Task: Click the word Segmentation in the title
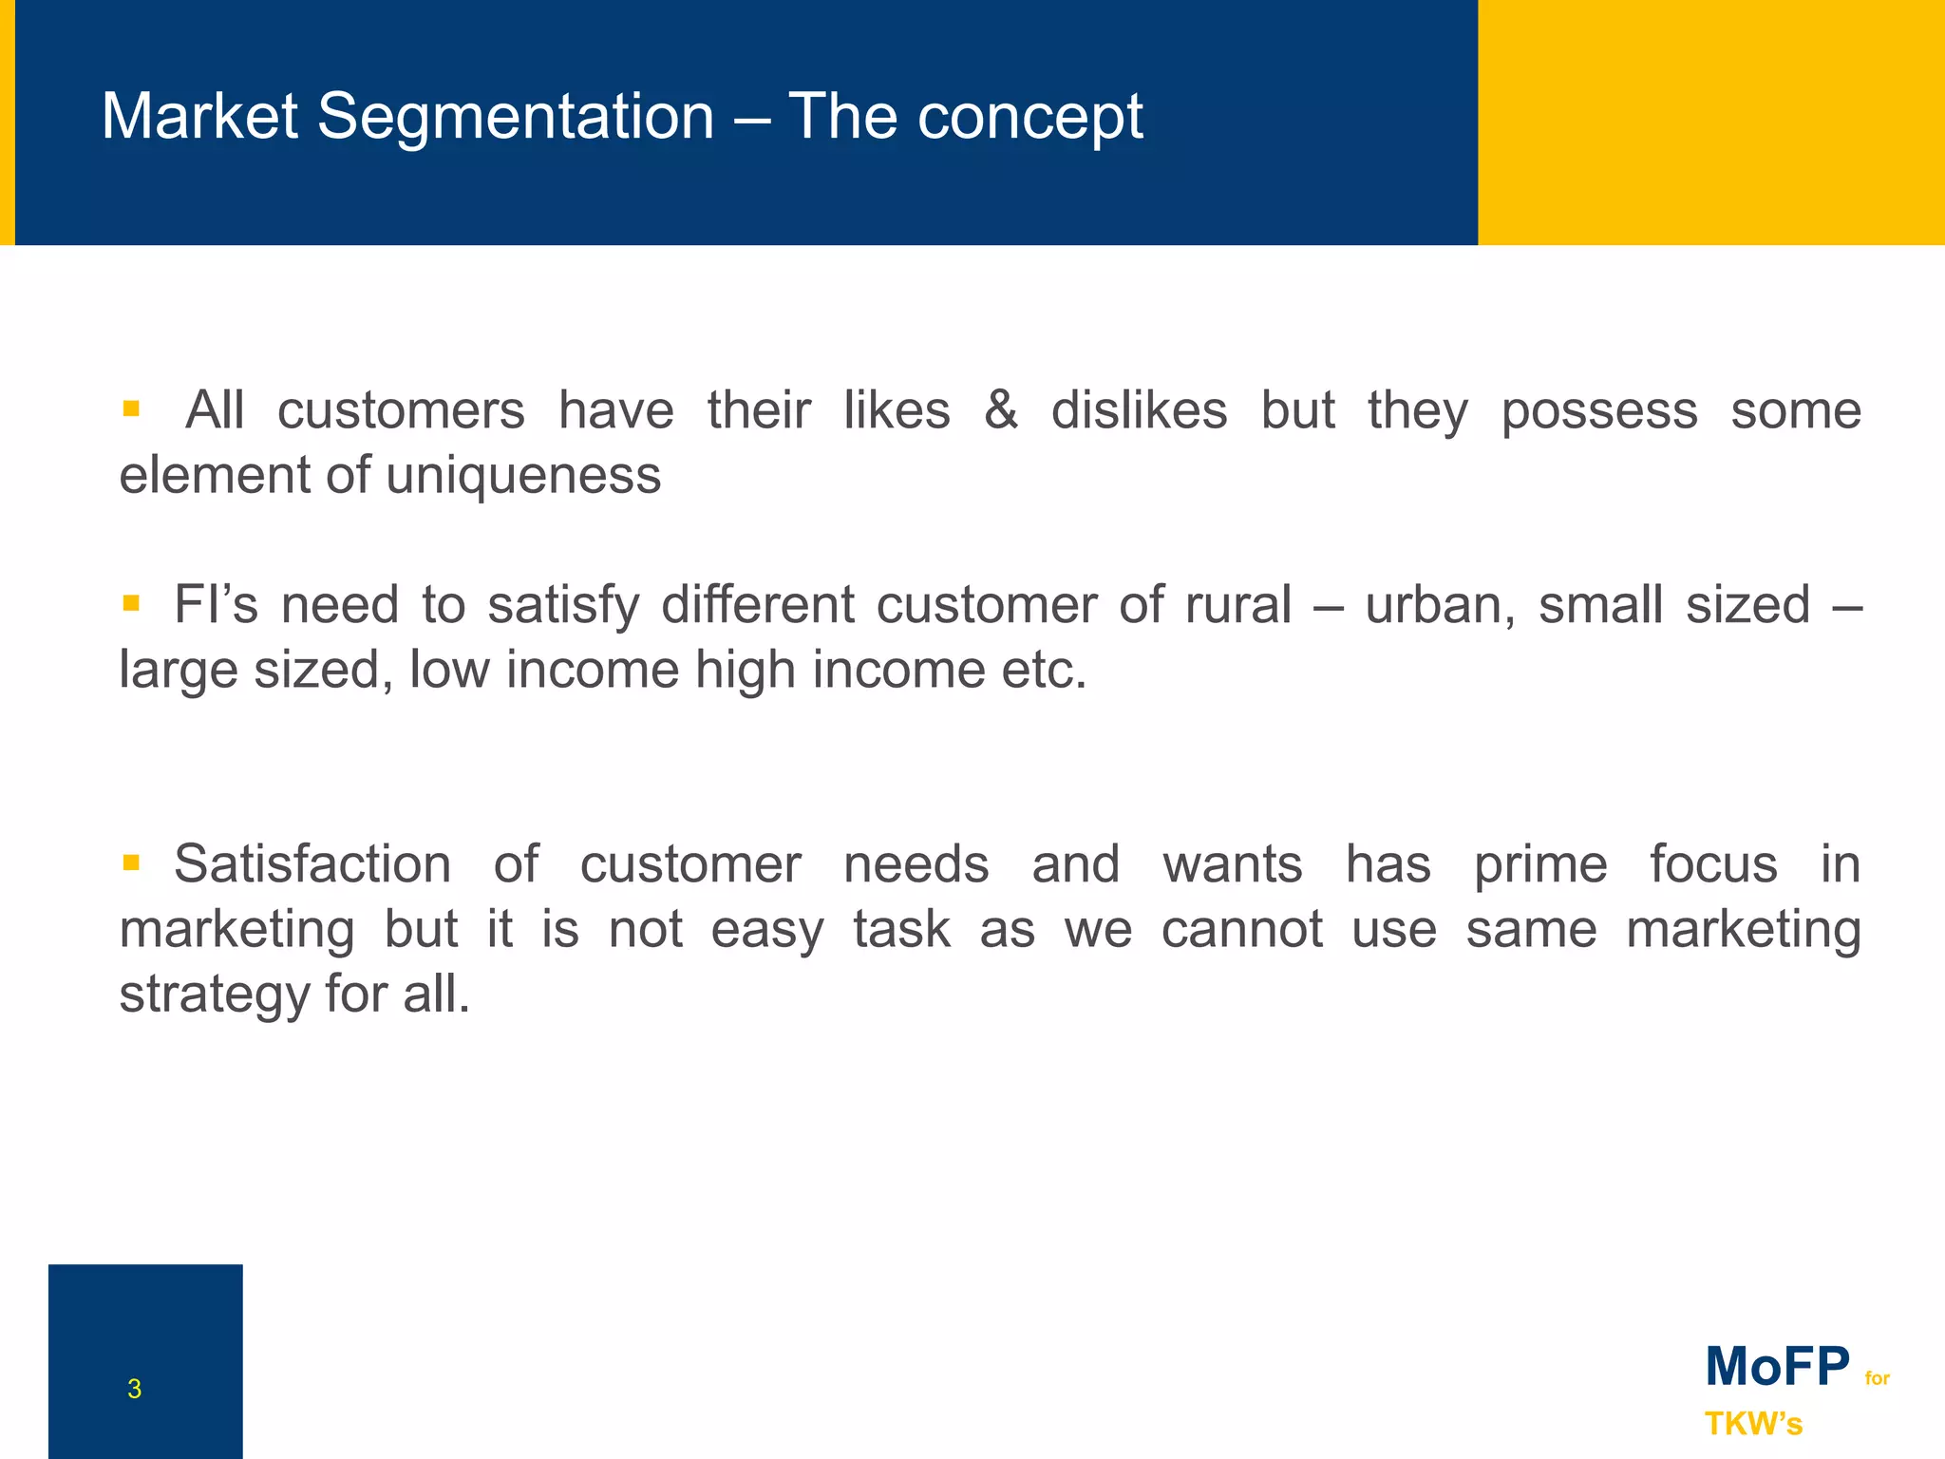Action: (515, 118)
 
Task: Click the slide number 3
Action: (134, 1389)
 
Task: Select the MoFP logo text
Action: (1777, 1367)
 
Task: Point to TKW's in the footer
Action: (1753, 1424)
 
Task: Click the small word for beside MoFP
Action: (1877, 1378)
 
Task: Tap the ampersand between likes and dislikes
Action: (1000, 410)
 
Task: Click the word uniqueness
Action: (523, 475)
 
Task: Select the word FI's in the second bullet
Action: (216, 605)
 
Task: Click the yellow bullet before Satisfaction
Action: (131, 862)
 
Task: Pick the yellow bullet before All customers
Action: (131, 409)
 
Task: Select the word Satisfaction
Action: (312, 864)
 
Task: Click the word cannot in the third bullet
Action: (1241, 929)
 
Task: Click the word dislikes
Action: (1139, 410)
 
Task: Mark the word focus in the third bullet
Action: (1713, 864)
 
